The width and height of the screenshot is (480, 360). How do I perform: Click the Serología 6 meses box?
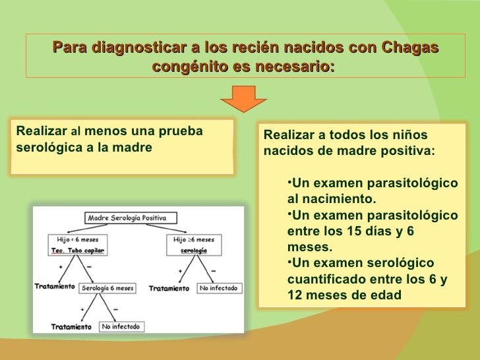tap(107, 288)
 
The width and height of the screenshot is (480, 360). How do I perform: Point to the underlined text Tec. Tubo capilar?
tap(73, 251)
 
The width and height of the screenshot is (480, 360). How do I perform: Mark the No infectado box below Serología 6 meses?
tap(121, 326)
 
